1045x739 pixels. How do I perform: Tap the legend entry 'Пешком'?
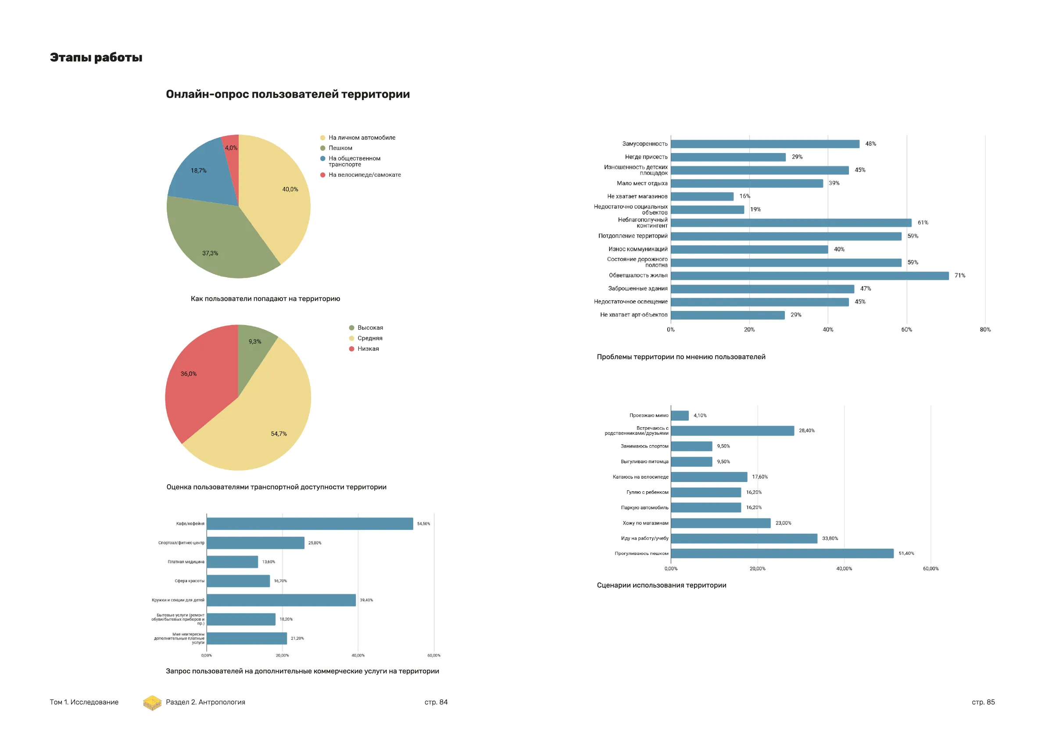[340, 148]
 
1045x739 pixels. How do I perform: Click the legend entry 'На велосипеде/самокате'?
[364, 175]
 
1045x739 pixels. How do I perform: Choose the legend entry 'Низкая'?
[368, 349]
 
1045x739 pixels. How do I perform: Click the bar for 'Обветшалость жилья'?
[809, 276]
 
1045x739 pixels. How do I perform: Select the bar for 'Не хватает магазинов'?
[702, 196]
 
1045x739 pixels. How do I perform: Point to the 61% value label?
[923, 222]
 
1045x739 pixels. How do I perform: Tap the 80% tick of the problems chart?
[985, 329]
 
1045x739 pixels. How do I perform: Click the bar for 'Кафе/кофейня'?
[309, 524]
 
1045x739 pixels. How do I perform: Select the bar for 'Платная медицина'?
[232, 562]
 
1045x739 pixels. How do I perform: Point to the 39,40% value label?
[366, 600]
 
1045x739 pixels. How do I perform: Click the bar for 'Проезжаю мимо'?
[680, 415]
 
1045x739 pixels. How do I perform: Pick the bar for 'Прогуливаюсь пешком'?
[782, 553]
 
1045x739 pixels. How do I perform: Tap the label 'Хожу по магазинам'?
[645, 523]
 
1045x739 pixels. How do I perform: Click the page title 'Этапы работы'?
[96, 57]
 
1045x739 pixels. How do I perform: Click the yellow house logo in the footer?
[152, 703]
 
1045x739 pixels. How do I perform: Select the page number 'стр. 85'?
[983, 702]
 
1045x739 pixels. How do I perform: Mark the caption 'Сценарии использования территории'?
[661, 585]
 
